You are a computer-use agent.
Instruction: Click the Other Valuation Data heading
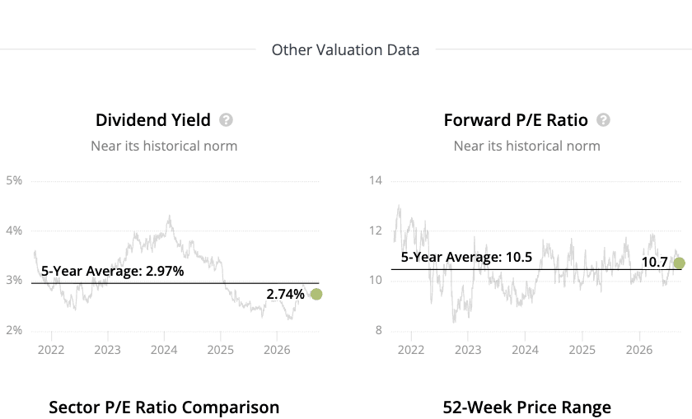345,50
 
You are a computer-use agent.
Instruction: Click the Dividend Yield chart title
153,120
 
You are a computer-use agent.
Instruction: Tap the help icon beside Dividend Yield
226,120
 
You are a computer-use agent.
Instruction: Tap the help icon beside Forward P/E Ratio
603,120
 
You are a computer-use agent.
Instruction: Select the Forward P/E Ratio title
516,120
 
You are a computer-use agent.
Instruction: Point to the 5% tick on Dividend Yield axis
14,180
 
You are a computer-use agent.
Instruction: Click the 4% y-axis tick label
14,230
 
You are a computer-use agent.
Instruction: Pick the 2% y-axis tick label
14,330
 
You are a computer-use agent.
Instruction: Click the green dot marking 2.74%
316,294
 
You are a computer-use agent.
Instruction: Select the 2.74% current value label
285,294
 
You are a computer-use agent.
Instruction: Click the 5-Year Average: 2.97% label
113,271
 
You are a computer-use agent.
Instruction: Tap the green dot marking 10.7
679,263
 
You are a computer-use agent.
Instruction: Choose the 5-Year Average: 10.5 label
466,257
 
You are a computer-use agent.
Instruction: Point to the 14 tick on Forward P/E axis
376,180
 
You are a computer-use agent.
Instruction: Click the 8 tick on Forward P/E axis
379,330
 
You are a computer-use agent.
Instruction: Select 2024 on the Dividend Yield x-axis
164,350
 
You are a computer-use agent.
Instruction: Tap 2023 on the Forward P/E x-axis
468,350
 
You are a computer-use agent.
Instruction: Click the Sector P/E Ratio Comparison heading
164,407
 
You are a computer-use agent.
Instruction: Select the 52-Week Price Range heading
527,407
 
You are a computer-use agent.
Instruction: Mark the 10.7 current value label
654,262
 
